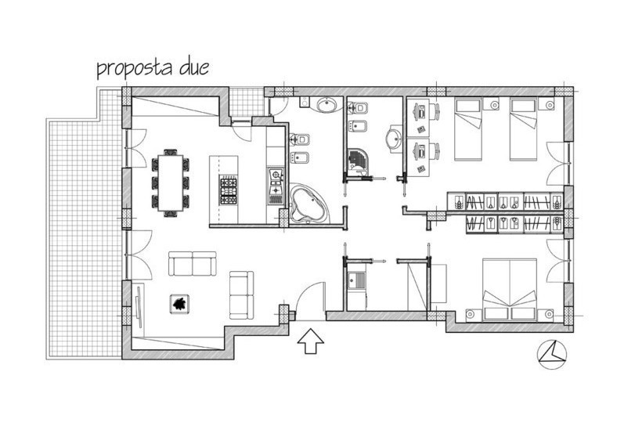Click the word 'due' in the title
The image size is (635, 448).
pyautogui.click(x=194, y=67)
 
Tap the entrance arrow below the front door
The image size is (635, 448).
pyautogui.click(x=311, y=341)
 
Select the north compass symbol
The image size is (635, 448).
pyautogui.click(x=551, y=355)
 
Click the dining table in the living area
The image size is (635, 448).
pyautogui.click(x=171, y=182)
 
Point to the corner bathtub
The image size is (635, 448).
pyautogui.click(x=306, y=204)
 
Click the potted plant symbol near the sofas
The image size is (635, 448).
pyautogui.click(x=179, y=303)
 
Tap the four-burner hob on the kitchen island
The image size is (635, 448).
pyautogui.click(x=228, y=190)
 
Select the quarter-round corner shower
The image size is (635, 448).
pyautogui.click(x=357, y=160)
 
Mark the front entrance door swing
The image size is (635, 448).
pyautogui.click(x=311, y=300)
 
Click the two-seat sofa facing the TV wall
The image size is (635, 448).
pyautogui.click(x=193, y=263)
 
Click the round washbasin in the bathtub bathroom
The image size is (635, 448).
pyautogui.click(x=327, y=105)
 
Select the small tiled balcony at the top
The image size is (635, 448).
pyautogui.click(x=246, y=102)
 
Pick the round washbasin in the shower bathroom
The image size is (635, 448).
pyautogui.click(x=393, y=139)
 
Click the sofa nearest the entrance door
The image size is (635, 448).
pyautogui.click(x=242, y=295)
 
